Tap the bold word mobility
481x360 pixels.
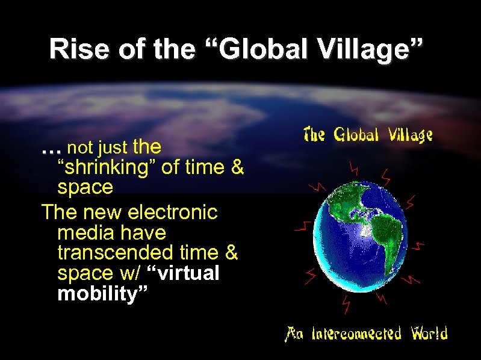coord(102,294)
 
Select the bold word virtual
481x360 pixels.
coord(187,273)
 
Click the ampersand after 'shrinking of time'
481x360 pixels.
coord(237,167)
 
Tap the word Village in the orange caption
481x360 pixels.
coord(409,135)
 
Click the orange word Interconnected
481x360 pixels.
coord(356,333)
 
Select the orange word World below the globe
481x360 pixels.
coord(429,333)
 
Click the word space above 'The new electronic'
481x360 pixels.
coord(85,188)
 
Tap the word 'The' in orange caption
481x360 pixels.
coord(315,134)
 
